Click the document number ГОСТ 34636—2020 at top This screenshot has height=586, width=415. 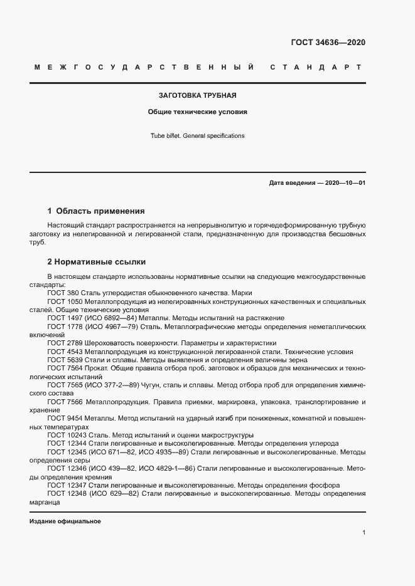coord(328,43)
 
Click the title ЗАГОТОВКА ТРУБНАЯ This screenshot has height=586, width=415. coord(197,96)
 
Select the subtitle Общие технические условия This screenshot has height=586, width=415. coord(197,112)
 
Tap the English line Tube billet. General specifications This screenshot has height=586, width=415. coord(197,135)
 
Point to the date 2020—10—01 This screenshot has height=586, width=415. coord(345,183)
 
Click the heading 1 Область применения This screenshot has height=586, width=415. coord(96,211)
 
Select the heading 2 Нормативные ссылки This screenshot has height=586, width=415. coord(97,261)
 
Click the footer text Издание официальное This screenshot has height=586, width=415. coord(65,521)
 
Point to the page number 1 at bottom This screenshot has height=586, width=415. coord(364,533)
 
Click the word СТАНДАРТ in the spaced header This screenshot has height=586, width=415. coord(315,67)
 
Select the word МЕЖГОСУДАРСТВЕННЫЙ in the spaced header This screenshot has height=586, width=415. coord(144,67)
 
